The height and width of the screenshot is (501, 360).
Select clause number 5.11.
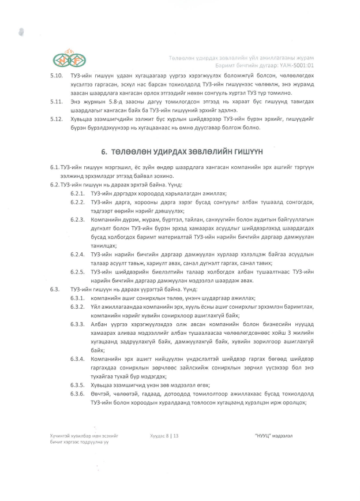57,102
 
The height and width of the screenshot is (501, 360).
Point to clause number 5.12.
57,119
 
